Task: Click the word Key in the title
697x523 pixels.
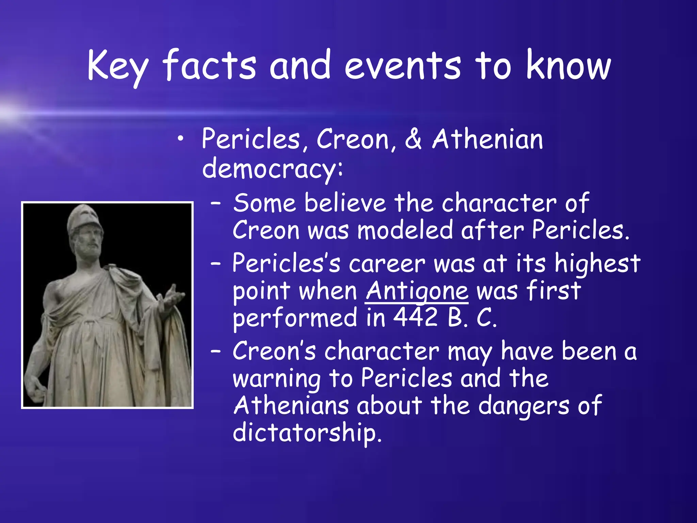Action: [118, 66]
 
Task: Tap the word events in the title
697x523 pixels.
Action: [403, 66]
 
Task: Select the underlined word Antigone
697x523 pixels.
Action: [417, 291]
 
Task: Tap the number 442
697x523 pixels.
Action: [415, 318]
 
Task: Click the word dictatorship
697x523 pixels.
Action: [307, 432]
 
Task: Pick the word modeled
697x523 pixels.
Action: [405, 231]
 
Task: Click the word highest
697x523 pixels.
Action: [597, 264]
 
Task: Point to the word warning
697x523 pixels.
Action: [276, 379]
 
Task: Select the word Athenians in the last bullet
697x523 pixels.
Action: [291, 406]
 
